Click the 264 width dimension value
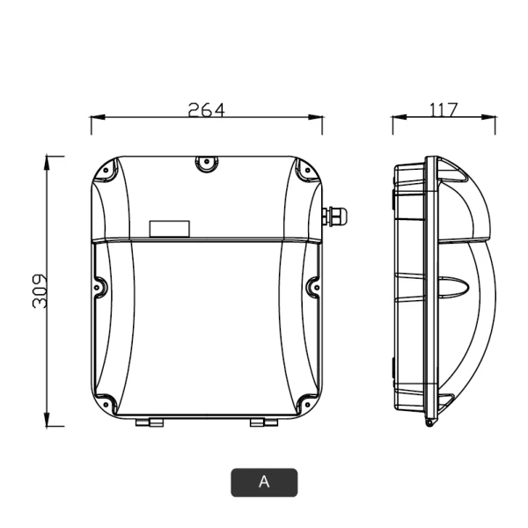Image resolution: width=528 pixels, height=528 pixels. tap(206, 110)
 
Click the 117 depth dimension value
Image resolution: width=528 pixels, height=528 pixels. tap(444, 110)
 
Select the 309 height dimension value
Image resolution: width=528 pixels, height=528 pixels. tap(40, 291)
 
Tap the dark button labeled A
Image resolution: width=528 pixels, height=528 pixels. tap(264, 482)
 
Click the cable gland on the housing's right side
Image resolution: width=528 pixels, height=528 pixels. tap(334, 216)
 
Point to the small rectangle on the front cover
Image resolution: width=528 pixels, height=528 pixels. tap(169, 229)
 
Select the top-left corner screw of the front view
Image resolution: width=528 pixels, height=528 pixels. tap(106, 170)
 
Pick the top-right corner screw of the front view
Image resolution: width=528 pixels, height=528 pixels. tap(307, 170)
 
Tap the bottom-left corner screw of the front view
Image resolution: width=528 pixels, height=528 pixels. tap(106, 404)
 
